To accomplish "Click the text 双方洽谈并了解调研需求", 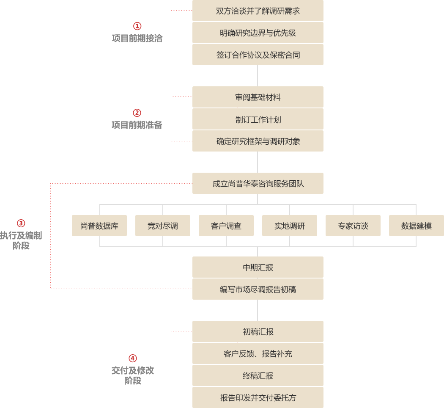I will [258, 11].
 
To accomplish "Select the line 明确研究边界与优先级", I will [258, 33].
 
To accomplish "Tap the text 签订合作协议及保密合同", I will [258, 55].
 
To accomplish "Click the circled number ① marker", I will [137, 26].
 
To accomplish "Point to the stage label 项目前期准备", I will [137, 125].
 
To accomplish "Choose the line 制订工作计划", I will [258, 119].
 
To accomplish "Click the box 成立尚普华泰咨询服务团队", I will [258, 184].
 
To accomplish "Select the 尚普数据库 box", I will [99, 226].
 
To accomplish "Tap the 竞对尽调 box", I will [162, 226].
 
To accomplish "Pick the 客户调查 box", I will [226, 226].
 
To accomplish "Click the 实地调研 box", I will [289, 226].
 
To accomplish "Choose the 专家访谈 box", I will [353, 226].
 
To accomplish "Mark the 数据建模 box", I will [416, 226].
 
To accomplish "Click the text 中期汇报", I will [258, 267].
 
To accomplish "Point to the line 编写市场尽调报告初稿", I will [258, 289].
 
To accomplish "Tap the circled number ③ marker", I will [21, 223].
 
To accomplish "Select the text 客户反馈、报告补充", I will [258, 354].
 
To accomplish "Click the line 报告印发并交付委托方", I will [258, 398].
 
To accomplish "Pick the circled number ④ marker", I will [132, 358].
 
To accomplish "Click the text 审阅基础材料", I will [258, 97].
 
